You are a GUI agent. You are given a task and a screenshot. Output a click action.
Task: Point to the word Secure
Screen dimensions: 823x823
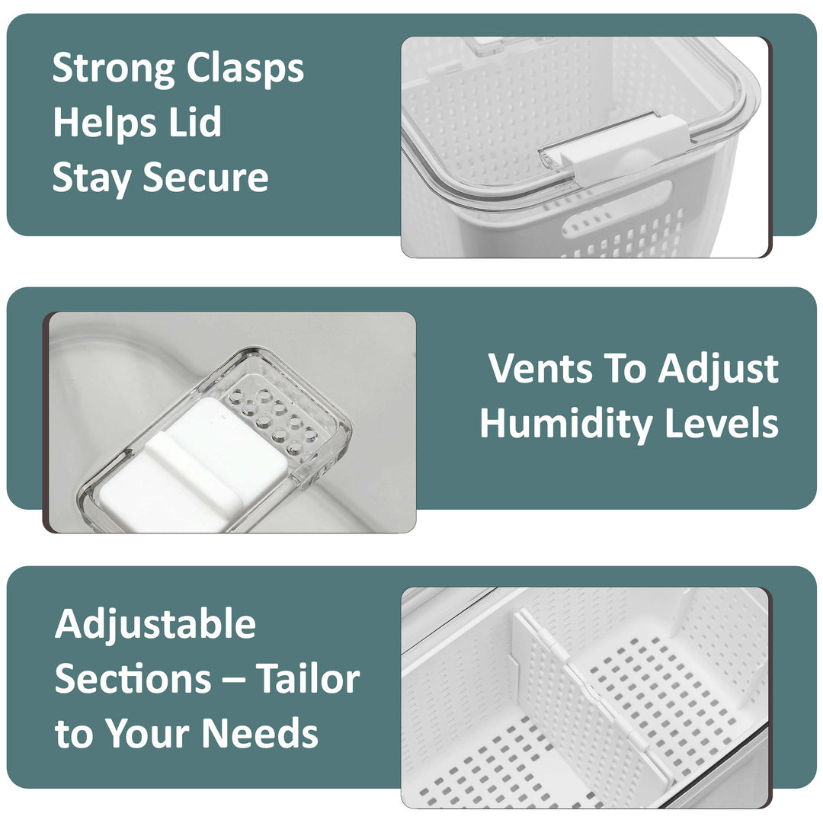205,177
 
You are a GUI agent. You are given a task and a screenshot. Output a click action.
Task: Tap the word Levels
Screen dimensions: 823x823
722,422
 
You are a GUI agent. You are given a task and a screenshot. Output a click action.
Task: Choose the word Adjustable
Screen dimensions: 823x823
155,624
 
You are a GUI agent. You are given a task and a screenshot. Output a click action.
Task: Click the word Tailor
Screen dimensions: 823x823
308,678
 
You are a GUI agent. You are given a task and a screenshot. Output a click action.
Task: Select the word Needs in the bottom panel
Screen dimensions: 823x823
260,732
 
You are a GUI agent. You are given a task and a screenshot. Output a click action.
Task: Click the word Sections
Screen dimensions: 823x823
133,679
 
